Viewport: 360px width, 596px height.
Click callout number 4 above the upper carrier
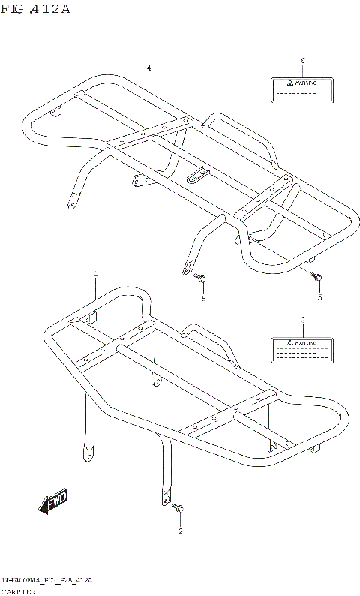(148, 68)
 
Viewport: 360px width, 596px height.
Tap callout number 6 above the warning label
(302, 60)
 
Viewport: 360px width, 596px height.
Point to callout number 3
(302, 321)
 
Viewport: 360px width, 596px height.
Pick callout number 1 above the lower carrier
(95, 278)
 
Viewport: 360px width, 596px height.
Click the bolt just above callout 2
(178, 510)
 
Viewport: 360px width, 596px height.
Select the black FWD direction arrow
(52, 504)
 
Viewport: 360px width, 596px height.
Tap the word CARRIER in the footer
(22, 591)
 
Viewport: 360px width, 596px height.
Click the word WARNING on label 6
(307, 82)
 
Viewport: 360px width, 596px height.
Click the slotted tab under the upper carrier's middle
(197, 174)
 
